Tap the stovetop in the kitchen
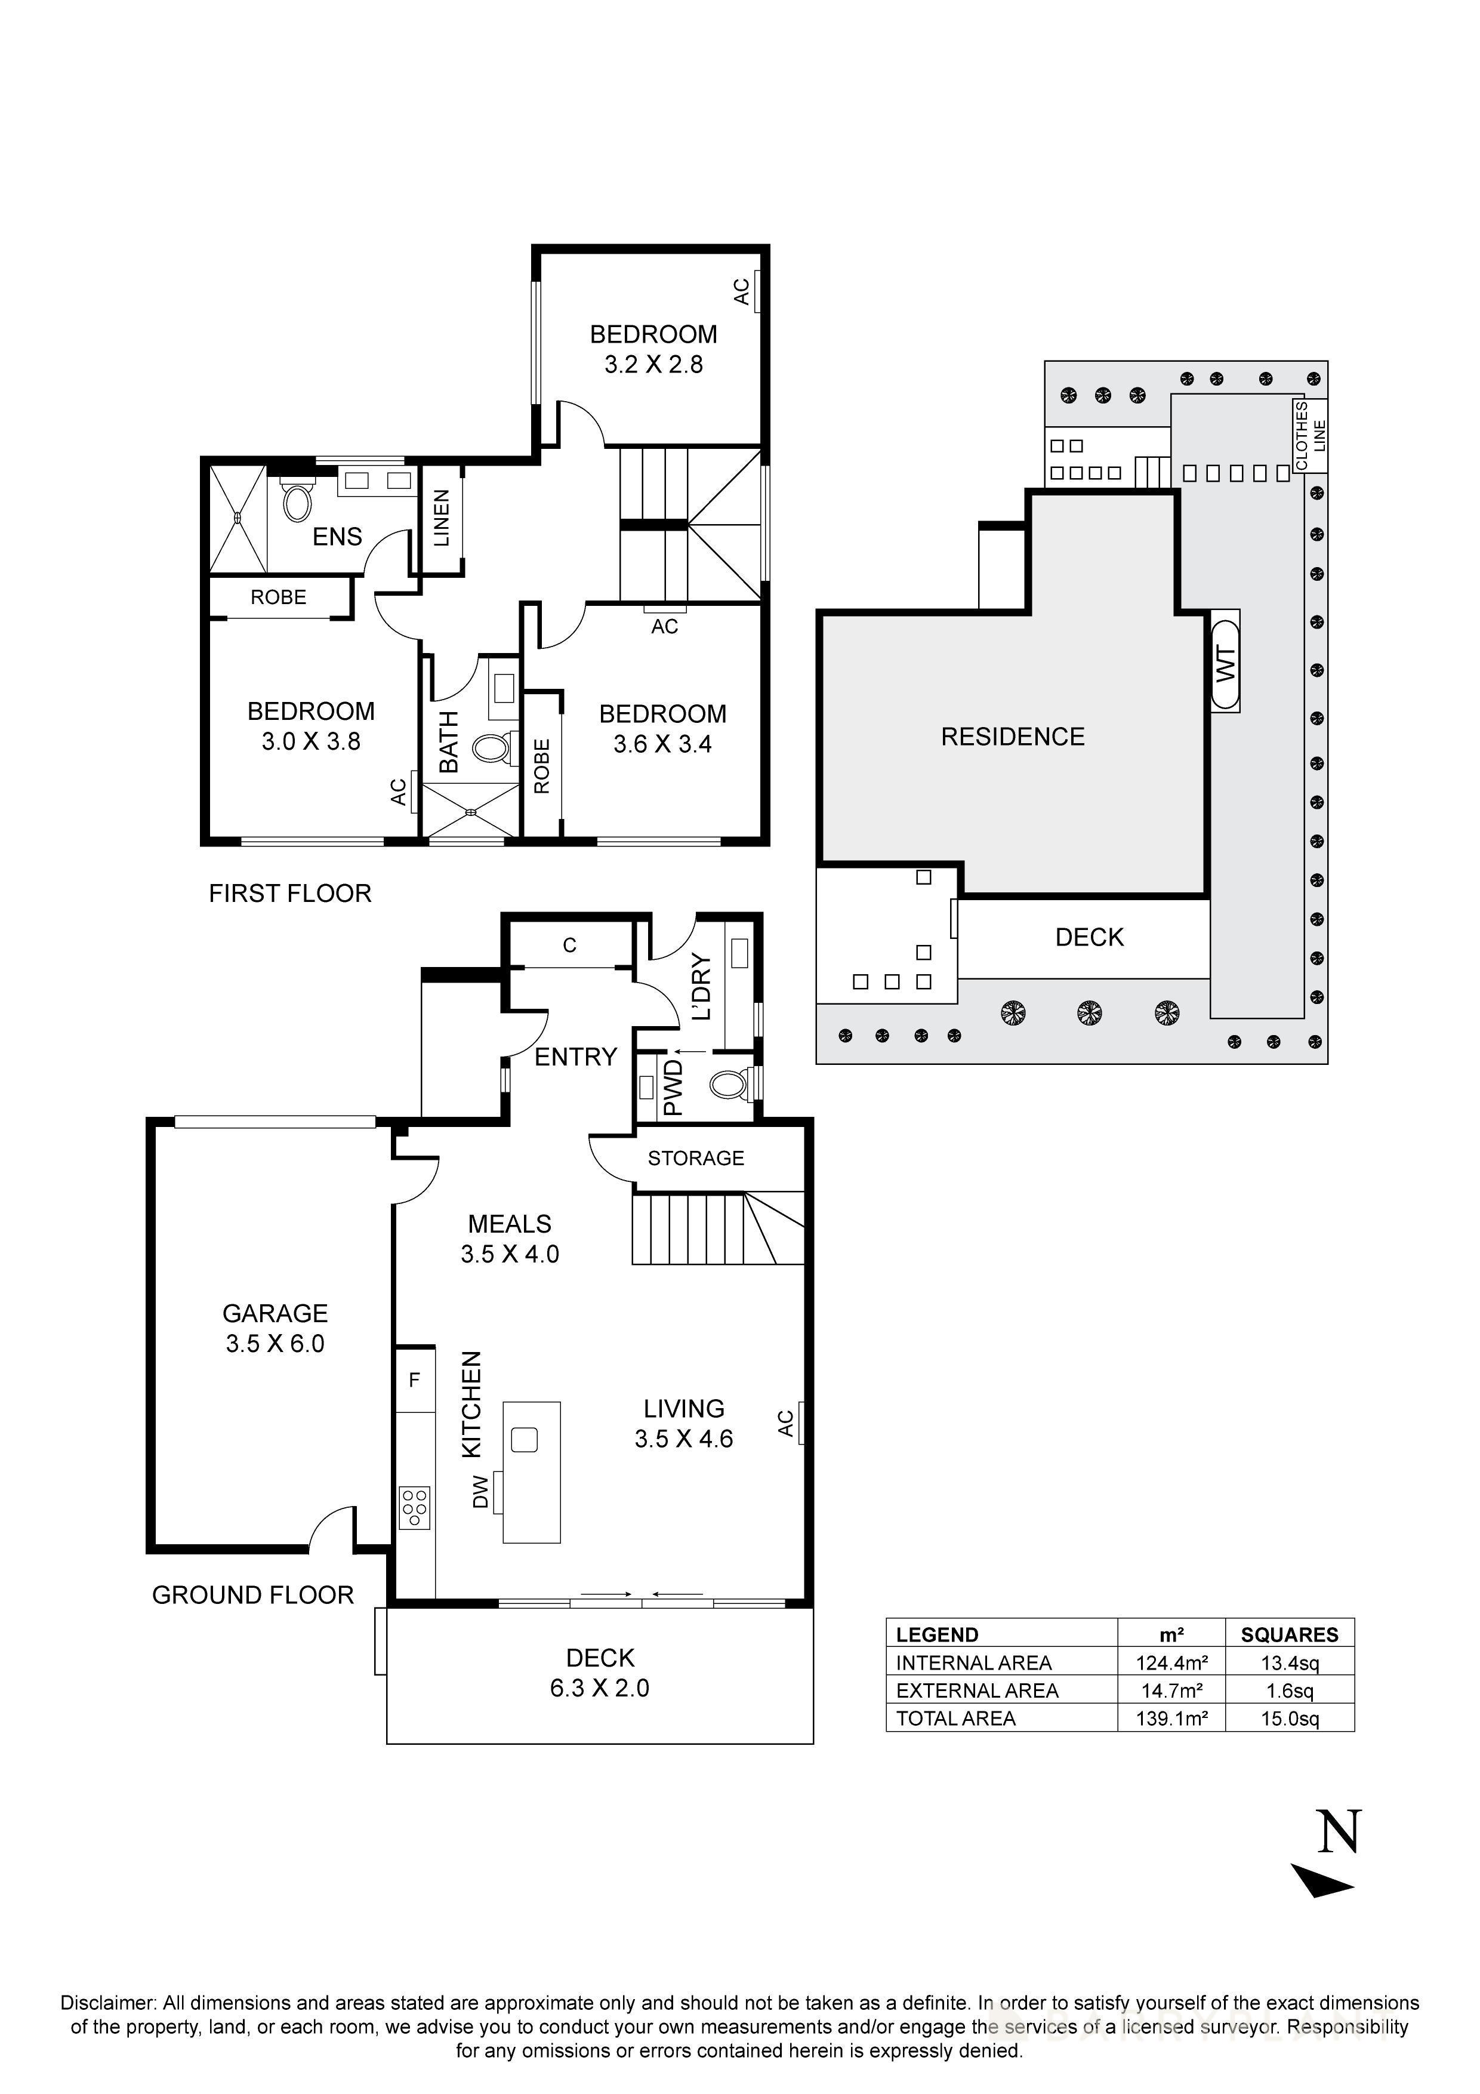415,1507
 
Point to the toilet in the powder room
727,1085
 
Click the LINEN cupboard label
442,518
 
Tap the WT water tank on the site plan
1226,663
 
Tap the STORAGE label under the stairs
696,1158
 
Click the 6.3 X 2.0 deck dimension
599,1688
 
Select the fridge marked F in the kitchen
414,1380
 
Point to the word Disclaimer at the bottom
107,2004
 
